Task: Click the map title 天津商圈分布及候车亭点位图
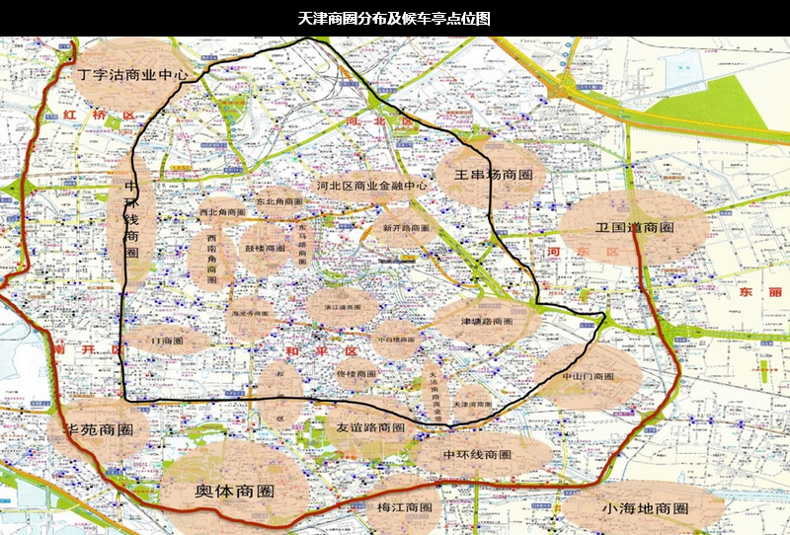click(394, 19)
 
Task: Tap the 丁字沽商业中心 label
click(132, 74)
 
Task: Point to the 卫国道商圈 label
click(634, 228)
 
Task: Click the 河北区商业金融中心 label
click(372, 185)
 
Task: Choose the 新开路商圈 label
click(400, 228)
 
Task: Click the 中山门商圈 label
click(588, 377)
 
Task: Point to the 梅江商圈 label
click(405, 507)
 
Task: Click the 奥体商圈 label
click(234, 492)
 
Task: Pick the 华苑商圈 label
click(98, 431)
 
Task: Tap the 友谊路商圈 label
click(370, 428)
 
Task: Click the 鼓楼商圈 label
click(266, 248)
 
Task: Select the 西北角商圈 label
click(221, 212)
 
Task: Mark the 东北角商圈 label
click(279, 201)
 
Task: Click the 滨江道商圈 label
click(342, 307)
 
